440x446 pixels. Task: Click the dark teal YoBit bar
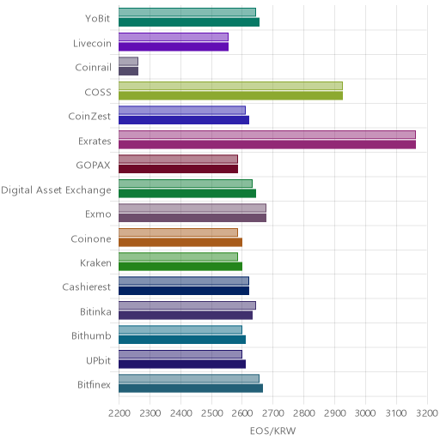[189, 22]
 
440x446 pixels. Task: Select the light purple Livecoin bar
[174, 37]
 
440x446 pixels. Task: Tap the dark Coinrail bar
[129, 71]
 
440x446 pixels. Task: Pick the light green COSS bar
[230, 86]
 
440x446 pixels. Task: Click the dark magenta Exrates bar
[267, 145]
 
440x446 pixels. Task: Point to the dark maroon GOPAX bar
[178, 169]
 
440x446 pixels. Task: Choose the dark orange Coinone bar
[180, 243]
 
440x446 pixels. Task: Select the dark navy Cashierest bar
[184, 291]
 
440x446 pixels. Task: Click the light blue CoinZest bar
[182, 110]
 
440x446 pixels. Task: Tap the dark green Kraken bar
[180, 267]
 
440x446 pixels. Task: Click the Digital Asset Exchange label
[56, 190]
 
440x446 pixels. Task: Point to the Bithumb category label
[91, 335]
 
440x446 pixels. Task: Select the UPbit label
[99, 360]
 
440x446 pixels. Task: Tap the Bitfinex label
[94, 385]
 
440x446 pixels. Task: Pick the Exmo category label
[98, 214]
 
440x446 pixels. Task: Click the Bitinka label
[95, 311]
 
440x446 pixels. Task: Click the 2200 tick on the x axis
[119, 413]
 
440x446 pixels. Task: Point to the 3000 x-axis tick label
[365, 413]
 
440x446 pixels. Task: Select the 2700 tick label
[273, 413]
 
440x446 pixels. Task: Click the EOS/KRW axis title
[272, 431]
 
